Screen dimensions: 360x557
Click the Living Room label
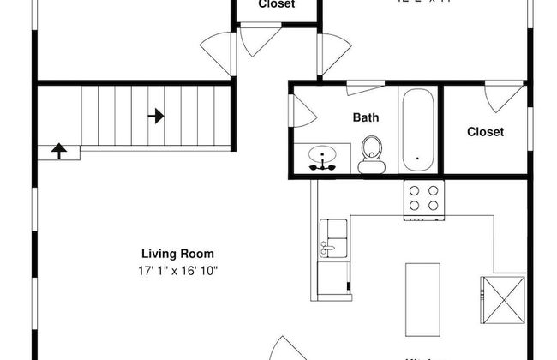(177, 254)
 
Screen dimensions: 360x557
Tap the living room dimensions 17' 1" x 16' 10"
(177, 270)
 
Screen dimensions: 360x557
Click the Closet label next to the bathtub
(485, 132)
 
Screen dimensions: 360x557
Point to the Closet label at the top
(277, 4)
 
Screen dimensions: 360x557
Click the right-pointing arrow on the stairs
(156, 115)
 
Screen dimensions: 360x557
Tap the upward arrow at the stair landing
(59, 152)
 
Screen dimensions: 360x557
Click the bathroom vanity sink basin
(325, 157)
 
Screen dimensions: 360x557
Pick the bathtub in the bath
(419, 129)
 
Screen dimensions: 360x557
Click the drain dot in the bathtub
(417, 159)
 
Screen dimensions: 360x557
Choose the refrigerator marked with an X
(502, 297)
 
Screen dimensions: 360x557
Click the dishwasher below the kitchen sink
(333, 276)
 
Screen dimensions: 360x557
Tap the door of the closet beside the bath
(504, 98)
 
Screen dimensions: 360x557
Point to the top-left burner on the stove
(414, 191)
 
